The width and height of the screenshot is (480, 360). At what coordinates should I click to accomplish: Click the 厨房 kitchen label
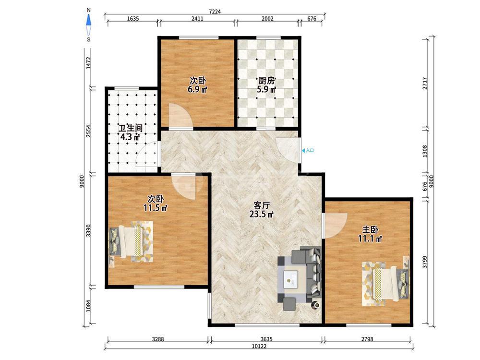tap(266, 81)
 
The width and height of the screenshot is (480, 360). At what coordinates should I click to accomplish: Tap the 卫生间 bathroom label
tap(130, 128)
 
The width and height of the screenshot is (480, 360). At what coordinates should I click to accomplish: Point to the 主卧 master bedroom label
tap(370, 229)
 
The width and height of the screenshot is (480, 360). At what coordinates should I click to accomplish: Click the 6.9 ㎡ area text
tap(197, 90)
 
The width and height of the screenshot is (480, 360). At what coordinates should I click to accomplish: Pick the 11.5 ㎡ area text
tap(156, 208)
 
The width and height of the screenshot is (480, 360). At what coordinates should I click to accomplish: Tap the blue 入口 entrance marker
tap(308, 151)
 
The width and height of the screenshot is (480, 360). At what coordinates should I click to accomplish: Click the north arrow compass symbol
tap(88, 24)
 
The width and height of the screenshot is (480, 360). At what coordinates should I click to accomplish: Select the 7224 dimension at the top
tap(215, 12)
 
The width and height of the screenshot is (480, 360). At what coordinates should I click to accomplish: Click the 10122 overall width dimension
tap(259, 346)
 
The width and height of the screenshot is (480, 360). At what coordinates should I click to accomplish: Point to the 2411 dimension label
tap(197, 19)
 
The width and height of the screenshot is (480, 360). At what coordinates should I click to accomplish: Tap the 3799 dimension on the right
tap(425, 262)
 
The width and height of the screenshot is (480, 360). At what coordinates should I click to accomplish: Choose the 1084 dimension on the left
tap(88, 305)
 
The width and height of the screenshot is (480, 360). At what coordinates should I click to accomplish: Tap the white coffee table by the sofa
tap(291, 279)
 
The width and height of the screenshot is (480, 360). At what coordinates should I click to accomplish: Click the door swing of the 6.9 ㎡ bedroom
tap(180, 116)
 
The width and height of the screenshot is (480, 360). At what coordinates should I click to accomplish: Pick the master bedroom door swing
tap(336, 226)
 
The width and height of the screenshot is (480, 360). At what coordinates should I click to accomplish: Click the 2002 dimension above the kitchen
tap(267, 19)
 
